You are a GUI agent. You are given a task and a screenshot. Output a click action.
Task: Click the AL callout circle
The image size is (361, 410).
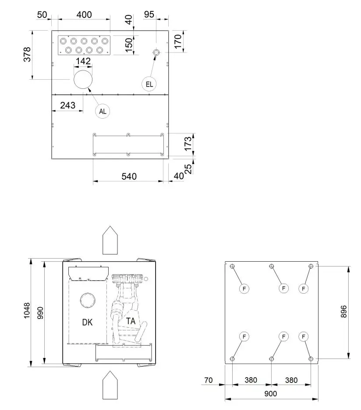[x=103, y=111]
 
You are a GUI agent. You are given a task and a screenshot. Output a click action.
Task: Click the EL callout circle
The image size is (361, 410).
[x=149, y=84]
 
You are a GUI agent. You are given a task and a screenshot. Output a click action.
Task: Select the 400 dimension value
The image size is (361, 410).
[x=84, y=14]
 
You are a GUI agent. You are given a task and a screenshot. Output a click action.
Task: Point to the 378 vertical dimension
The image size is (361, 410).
[x=27, y=54]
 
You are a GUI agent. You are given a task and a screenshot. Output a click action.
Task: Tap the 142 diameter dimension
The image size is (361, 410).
[x=83, y=61]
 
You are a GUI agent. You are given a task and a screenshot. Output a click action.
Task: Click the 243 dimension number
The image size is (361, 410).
[x=68, y=105]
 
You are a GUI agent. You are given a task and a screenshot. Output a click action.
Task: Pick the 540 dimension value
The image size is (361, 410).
[x=129, y=176]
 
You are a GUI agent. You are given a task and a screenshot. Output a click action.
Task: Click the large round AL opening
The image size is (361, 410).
[x=83, y=79]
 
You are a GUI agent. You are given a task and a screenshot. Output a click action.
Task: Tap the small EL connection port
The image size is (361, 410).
[x=156, y=53]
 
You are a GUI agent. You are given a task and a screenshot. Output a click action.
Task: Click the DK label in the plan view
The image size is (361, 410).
[x=87, y=322]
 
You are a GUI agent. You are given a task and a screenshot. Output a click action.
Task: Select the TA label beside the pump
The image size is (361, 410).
[x=131, y=321]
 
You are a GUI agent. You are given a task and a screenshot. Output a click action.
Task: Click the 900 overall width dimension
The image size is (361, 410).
[x=271, y=393]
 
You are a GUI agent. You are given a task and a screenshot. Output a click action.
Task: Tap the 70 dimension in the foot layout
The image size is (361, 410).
[x=208, y=380]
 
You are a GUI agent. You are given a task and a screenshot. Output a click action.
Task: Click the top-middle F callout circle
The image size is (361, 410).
[x=283, y=288]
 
